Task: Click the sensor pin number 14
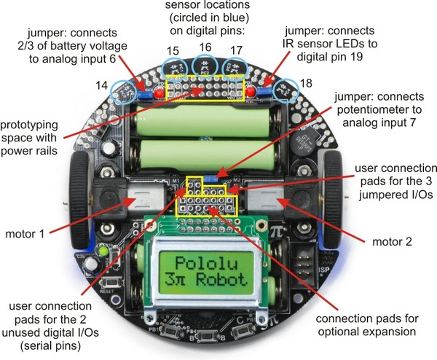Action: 101,85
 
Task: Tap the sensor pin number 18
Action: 306,83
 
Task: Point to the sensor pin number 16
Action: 205,47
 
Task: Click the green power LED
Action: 103,251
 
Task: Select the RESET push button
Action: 111,283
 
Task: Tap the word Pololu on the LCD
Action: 206,264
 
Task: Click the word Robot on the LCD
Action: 221,280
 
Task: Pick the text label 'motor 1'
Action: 25,234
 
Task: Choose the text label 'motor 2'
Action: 392,241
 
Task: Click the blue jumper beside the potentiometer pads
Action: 211,179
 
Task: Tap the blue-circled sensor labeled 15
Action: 175,68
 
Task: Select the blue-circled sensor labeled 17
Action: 235,69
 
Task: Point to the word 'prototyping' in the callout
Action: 29,125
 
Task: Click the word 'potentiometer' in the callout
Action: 379,110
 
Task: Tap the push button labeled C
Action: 243,330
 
